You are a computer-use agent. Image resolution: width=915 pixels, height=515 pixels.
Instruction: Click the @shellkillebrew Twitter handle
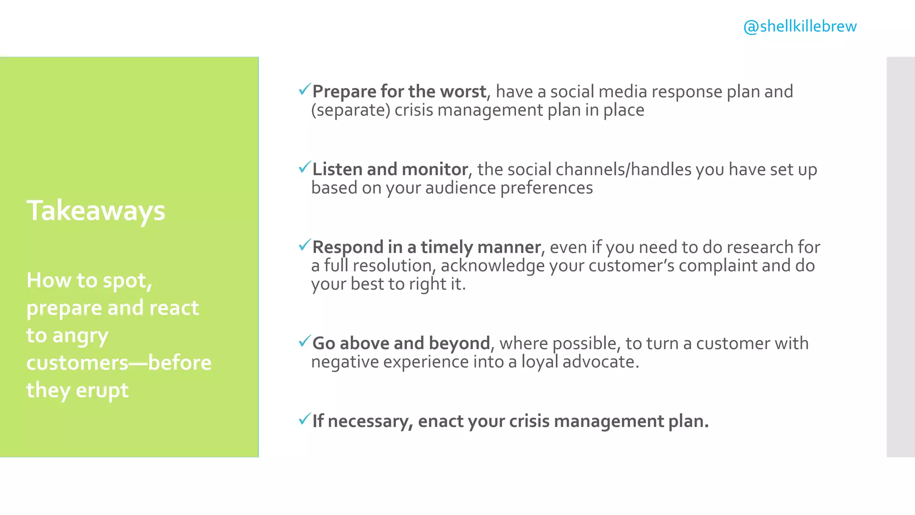[800, 26]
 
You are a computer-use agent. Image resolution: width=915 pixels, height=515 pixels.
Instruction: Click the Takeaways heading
[96, 211]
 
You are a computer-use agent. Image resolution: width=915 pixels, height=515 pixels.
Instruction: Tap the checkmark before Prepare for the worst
[304, 89]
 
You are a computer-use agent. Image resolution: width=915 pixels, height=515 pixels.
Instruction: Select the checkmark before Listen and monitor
[304, 167]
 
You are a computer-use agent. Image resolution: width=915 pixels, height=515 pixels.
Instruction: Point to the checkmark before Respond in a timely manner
[304, 245]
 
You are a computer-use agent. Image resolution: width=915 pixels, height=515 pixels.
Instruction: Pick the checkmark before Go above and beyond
[304, 341]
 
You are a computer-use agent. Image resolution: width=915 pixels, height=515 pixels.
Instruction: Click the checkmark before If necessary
[304, 419]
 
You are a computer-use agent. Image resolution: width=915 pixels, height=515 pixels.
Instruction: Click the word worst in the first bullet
[463, 92]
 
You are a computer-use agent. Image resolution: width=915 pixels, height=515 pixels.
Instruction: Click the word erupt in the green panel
[102, 390]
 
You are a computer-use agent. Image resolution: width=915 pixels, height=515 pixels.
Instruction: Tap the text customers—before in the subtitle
[119, 363]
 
